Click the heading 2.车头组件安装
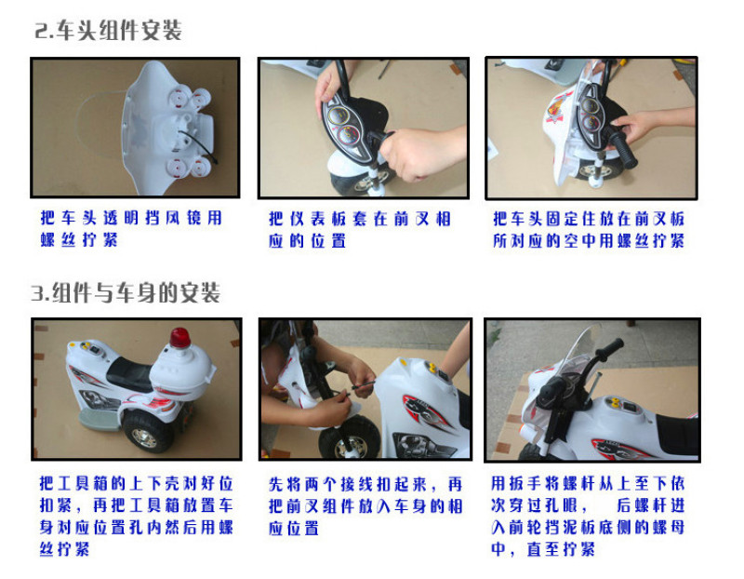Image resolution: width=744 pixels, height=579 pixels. pos(108,31)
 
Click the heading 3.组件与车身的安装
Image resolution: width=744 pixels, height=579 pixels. pos(126,292)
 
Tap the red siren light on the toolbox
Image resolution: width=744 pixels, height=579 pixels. pos(179,338)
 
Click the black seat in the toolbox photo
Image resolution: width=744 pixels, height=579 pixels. pos(128,372)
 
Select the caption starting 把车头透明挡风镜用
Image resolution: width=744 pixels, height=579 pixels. pos(131,228)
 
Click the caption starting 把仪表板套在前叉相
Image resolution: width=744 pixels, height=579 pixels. pos(360,229)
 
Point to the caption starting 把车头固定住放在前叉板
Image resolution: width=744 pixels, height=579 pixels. pos(589,229)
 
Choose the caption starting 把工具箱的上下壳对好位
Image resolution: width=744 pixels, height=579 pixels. pos(136,517)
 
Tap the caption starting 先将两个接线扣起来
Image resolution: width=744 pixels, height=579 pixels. pos(365,505)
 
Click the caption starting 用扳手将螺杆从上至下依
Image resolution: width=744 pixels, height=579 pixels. pos(588,517)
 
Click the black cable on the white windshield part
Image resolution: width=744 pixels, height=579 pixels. pos(198,146)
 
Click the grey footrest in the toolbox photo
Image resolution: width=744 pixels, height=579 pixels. pos(99,420)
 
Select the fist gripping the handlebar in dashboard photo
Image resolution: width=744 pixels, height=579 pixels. pos(411,155)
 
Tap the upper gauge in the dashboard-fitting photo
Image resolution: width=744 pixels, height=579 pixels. pos(338,115)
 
